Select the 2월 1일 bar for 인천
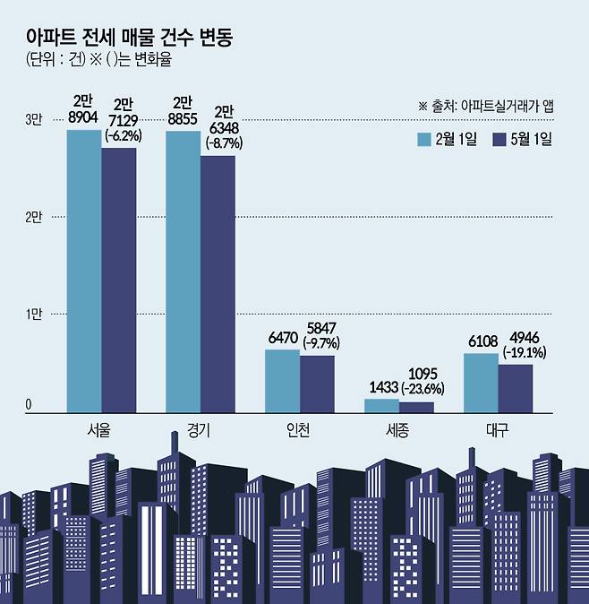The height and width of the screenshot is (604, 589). (282, 381)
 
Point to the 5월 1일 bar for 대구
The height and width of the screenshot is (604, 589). (515, 388)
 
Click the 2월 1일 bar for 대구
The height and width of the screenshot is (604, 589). (481, 383)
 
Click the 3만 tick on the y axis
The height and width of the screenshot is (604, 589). (33, 120)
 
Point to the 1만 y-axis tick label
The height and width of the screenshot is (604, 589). (33, 315)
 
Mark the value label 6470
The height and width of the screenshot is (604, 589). (281, 340)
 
